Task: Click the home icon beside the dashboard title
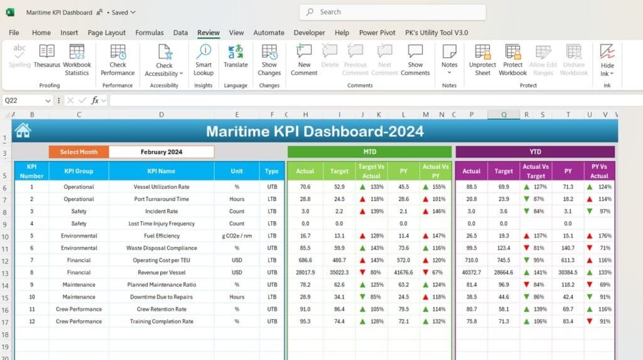(x=23, y=131)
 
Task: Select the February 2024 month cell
(x=161, y=152)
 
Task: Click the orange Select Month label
(x=78, y=152)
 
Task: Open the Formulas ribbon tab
(x=149, y=33)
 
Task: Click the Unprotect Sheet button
(x=482, y=60)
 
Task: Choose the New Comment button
(x=304, y=60)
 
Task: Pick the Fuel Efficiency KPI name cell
(x=161, y=236)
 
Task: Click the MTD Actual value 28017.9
(x=305, y=273)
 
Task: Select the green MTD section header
(x=369, y=152)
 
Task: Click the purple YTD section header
(x=535, y=152)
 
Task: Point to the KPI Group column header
(x=79, y=171)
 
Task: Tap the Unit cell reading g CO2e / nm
(x=237, y=236)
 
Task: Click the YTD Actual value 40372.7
(x=472, y=273)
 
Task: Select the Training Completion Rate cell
(x=161, y=321)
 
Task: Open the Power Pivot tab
(x=377, y=33)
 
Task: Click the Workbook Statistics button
(x=77, y=60)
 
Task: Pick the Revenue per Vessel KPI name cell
(x=161, y=273)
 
